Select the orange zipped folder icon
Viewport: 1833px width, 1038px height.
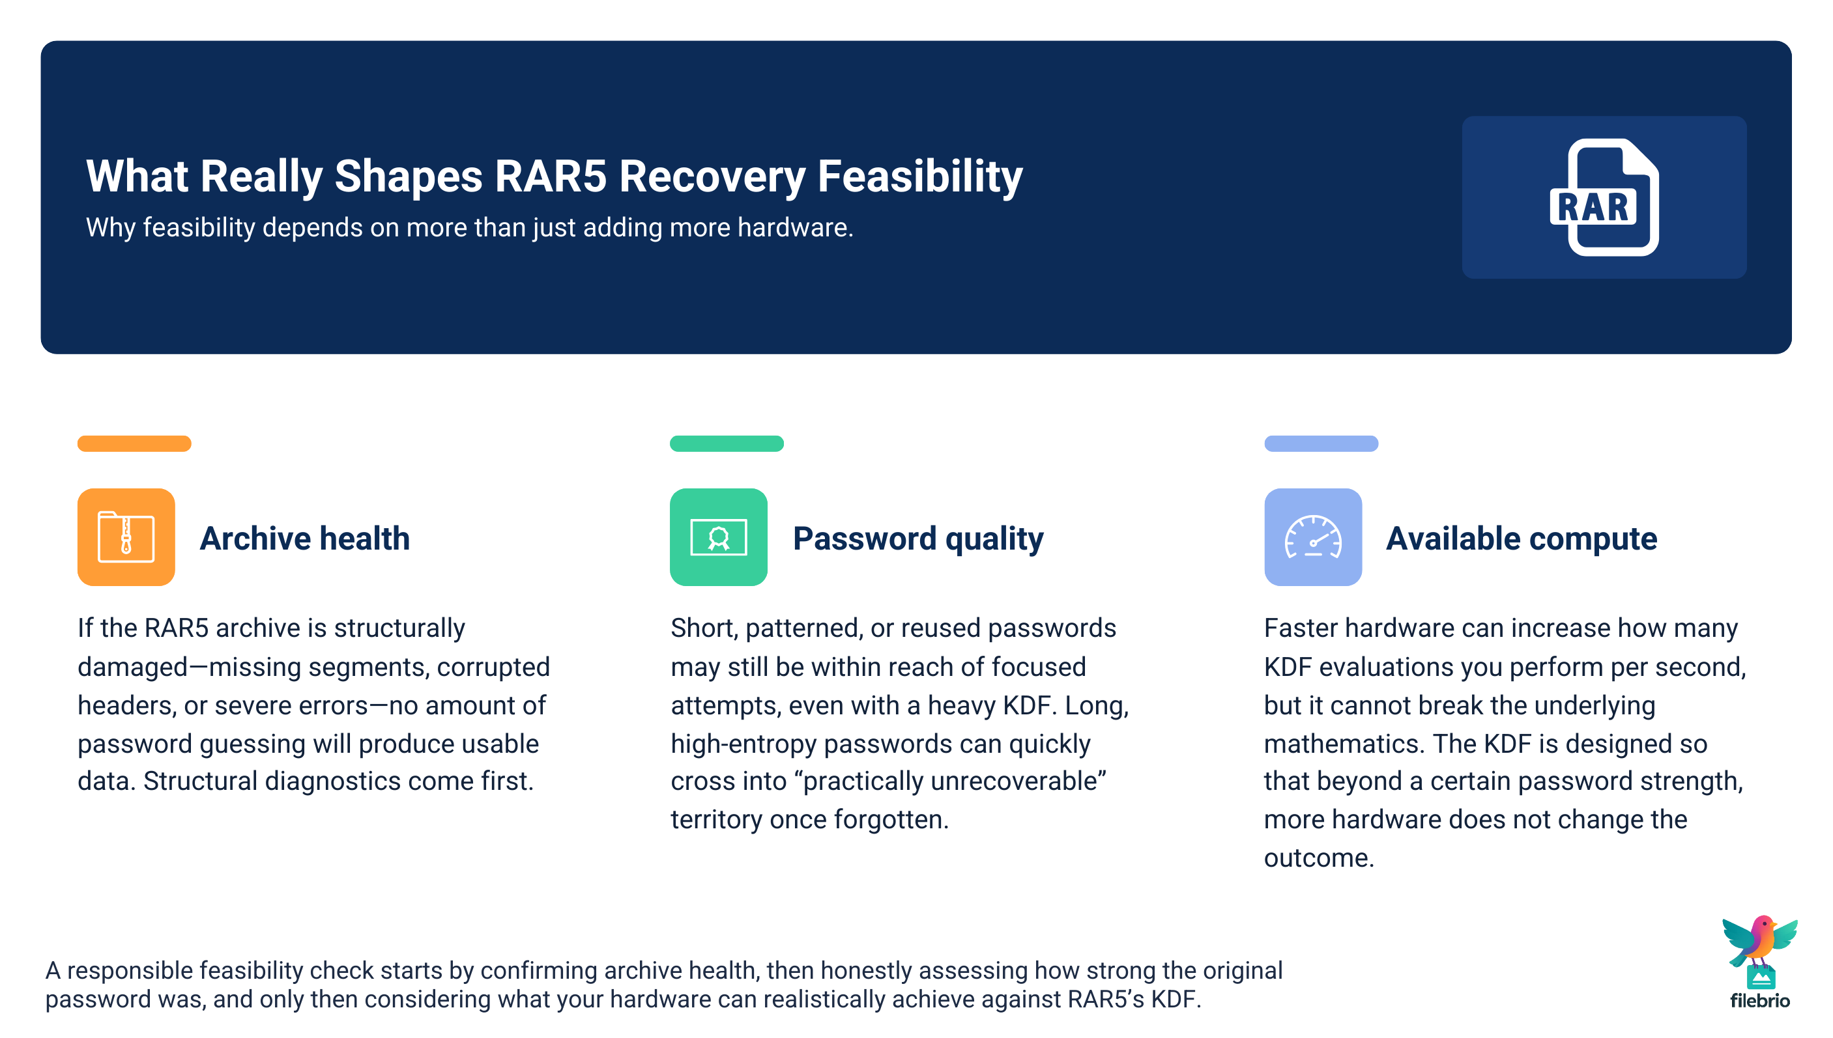point(126,537)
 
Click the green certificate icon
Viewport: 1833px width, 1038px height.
point(717,537)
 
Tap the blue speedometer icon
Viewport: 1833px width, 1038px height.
point(1312,537)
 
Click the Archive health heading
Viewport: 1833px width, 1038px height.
point(304,539)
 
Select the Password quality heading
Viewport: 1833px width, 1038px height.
point(917,539)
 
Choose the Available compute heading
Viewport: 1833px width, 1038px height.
point(1521,539)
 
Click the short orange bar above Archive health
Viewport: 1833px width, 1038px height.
point(134,443)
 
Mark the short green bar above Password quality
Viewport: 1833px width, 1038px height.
point(726,443)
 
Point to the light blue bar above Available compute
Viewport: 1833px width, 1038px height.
point(1320,443)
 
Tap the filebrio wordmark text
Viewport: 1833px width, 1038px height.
point(1759,1001)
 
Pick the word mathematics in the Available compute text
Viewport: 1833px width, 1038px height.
point(1344,744)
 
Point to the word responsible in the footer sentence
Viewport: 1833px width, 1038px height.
point(130,970)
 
